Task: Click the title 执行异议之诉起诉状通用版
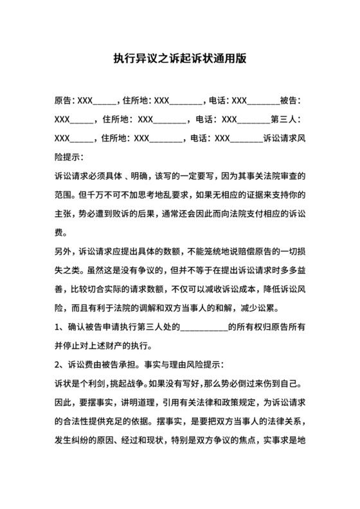(x=180, y=58)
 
